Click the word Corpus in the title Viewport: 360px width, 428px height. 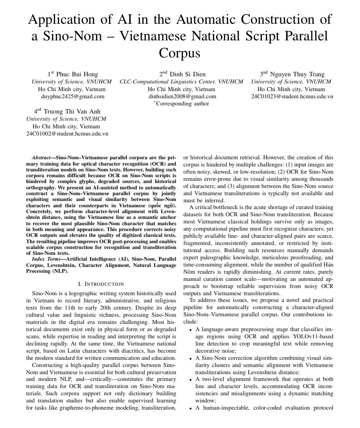[x=180, y=53]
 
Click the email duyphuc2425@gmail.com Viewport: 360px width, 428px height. [x=73, y=96]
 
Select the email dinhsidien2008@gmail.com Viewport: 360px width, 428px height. [x=182, y=96]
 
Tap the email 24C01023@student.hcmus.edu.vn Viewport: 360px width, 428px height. [x=292, y=96]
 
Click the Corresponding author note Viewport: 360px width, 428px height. [x=182, y=104]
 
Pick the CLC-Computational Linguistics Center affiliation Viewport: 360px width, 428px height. [x=181, y=82]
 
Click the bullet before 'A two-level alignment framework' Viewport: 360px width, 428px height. [x=191, y=379]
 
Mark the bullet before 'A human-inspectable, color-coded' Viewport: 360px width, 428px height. [x=191, y=408]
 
